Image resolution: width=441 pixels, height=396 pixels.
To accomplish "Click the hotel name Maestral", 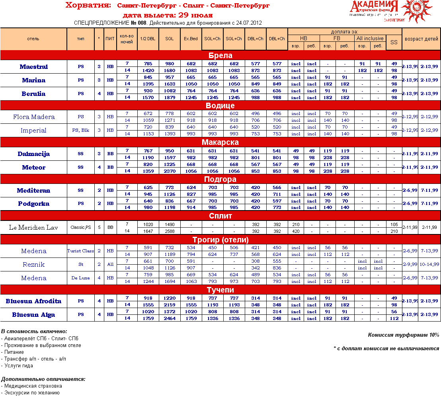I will pos(33,67).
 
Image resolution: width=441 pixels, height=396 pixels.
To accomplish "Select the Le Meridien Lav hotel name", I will pos(33,228).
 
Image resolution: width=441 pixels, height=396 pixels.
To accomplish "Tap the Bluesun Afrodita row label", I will pos(33,301).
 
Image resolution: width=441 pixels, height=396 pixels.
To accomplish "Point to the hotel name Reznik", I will pos(33,265).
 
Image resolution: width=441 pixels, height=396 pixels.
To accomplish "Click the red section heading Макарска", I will pos(220,142).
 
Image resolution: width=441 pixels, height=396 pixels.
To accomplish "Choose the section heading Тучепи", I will pos(220,290).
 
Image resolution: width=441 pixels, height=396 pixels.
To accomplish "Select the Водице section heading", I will pos(220,105).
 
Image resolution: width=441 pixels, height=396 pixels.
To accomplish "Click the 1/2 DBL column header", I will pos(148,39).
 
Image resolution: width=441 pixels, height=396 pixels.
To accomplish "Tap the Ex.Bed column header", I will pos(191,39).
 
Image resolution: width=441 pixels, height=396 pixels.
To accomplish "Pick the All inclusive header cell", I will pos(370,38).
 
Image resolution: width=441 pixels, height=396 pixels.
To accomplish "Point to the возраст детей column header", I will pos(421,39).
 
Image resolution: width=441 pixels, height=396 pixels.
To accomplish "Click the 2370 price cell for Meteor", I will pos(169,171).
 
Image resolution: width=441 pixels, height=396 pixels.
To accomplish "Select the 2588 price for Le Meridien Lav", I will pos(169,231).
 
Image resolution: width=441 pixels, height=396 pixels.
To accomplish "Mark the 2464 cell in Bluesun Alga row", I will pos(169,318).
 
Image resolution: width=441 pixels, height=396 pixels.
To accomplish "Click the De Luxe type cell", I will pos(80,278).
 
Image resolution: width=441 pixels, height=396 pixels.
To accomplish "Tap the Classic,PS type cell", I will pos(80,228).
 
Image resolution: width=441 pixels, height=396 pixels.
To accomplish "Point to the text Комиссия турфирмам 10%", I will pos(403,335).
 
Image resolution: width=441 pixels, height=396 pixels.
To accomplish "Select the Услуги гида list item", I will pos(18,366).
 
